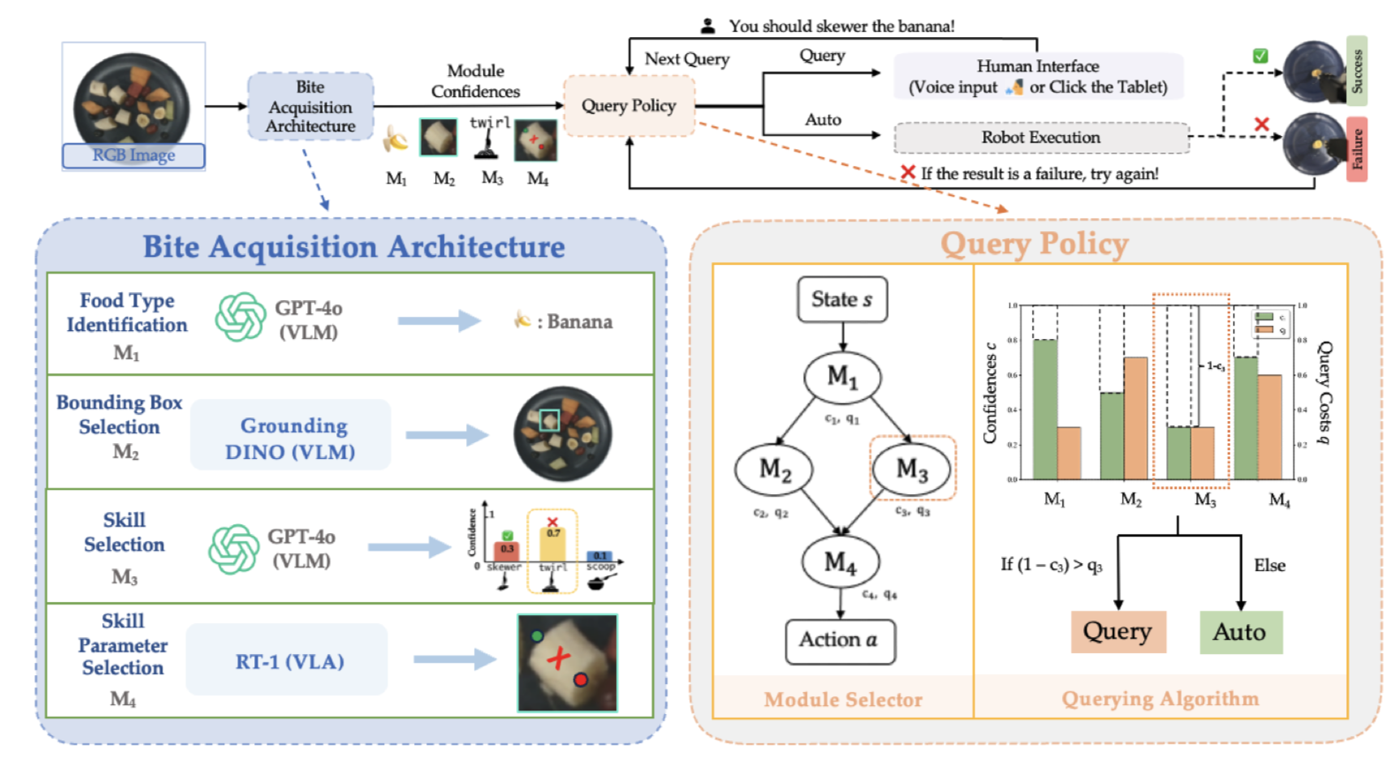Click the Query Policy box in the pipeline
628,106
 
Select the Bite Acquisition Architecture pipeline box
310,106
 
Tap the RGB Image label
133,155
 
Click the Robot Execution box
1041,138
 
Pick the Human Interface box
1037,77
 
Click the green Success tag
1357,71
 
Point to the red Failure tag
1357,149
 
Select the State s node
841,300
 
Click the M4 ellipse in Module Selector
840,562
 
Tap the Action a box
839,641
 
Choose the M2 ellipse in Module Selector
774,470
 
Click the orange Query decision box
1118,632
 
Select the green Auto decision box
1240,632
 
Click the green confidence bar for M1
1044,410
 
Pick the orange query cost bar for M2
1135,418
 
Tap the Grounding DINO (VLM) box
290,438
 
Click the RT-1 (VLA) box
289,662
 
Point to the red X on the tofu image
557,658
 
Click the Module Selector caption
843,700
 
